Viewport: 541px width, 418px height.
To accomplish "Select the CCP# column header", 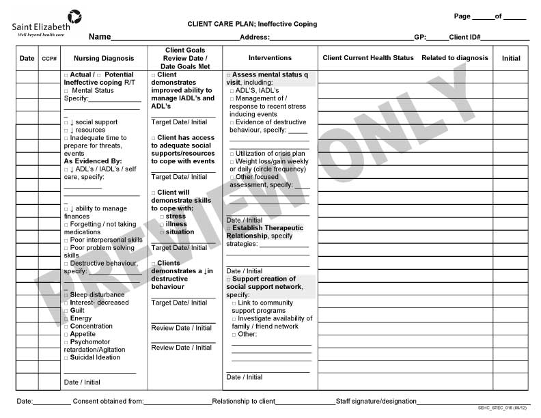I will [x=49, y=59].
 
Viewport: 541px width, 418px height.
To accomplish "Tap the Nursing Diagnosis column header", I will [x=104, y=59].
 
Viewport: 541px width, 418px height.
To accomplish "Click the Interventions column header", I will [x=270, y=58].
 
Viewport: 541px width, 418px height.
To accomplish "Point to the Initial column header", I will [x=511, y=59].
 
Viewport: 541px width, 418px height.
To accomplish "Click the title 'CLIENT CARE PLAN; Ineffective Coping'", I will [x=252, y=24].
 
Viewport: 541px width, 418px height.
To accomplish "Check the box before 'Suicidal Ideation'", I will [x=66, y=357].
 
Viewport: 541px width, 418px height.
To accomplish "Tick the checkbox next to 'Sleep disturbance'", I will [x=66, y=295].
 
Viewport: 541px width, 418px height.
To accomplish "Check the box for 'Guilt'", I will [x=66, y=311].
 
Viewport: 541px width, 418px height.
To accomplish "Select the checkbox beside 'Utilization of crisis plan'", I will [x=232, y=154].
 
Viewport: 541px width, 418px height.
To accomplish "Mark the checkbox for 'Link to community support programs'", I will [x=234, y=303].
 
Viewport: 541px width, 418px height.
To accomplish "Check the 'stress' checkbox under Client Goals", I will [x=162, y=217].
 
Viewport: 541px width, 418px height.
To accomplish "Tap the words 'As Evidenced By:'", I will [x=93, y=161].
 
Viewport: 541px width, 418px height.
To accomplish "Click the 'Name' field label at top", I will [x=100, y=37].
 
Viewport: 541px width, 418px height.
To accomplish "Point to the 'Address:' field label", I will [x=255, y=38].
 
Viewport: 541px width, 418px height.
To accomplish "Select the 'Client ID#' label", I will [x=464, y=38].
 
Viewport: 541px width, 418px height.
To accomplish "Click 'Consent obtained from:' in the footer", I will [x=108, y=401].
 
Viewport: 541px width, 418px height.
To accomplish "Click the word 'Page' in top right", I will [x=462, y=16].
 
